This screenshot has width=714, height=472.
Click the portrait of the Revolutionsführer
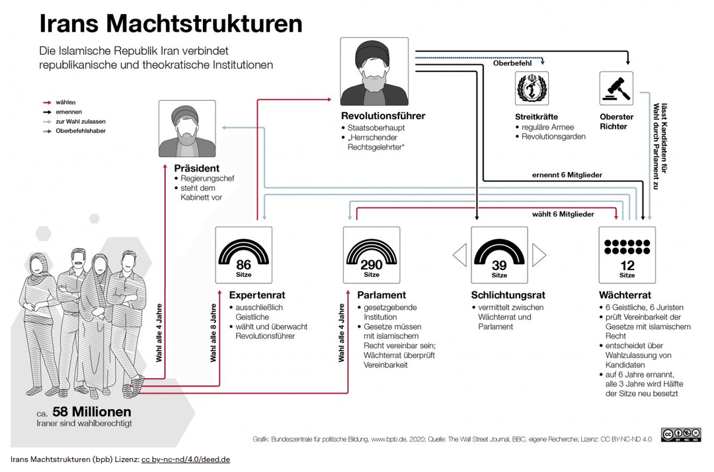(x=374, y=71)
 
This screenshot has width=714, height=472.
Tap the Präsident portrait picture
(x=187, y=128)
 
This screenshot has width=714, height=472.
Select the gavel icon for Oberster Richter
(x=616, y=89)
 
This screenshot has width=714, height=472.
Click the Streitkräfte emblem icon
(x=532, y=89)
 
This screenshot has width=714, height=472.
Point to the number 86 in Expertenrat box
(x=243, y=265)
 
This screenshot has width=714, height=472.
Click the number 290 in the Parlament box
(x=372, y=265)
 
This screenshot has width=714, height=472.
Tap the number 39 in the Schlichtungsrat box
(x=499, y=265)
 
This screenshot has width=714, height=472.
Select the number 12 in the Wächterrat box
(x=627, y=265)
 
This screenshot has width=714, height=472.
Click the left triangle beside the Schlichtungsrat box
(x=459, y=255)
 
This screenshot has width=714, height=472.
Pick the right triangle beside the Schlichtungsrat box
(x=539, y=255)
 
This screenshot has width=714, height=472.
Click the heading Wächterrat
(x=625, y=295)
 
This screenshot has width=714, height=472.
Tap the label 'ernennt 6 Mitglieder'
(x=567, y=175)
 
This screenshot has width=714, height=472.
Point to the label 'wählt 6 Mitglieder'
(x=563, y=214)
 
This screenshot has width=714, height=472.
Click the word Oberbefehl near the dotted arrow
(x=512, y=64)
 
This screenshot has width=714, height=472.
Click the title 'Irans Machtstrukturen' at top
(x=171, y=23)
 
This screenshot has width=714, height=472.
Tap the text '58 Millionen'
(x=92, y=411)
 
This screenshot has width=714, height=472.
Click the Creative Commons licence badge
(x=681, y=435)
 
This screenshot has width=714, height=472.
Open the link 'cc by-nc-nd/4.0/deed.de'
(x=186, y=459)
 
